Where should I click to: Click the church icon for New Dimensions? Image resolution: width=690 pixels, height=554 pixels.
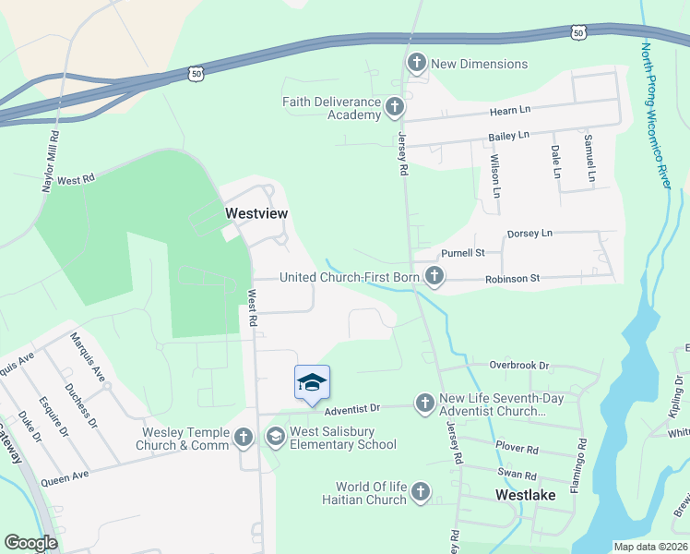[x=416, y=64]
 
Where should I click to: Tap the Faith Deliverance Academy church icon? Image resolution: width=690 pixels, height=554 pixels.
[x=394, y=107]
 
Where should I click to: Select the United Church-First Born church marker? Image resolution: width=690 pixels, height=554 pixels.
[x=434, y=276]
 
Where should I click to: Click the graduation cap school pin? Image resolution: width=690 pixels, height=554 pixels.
[x=312, y=383]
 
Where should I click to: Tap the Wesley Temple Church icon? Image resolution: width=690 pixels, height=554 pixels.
[x=244, y=437]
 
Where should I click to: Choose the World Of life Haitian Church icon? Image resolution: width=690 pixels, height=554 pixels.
[x=421, y=492]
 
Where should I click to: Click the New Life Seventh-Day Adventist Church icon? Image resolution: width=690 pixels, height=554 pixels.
[x=424, y=403]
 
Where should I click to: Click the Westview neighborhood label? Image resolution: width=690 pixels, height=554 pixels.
[x=256, y=213]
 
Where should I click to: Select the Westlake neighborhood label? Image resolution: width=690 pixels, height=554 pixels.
[x=525, y=495]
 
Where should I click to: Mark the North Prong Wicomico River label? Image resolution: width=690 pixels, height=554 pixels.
[x=656, y=115]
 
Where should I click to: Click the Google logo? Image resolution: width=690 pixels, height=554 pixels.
[x=30, y=542]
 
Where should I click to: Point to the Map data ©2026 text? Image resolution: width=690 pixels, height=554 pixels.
[x=649, y=547]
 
